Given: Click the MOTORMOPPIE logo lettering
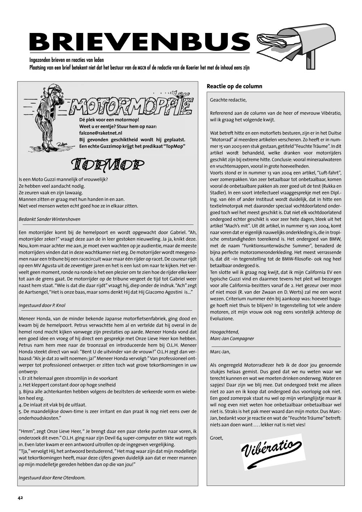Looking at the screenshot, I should pyautogui.click(x=130, y=105).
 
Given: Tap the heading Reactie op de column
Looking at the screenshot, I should pyautogui.click(x=234, y=86).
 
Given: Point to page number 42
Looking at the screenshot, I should pyautogui.click(x=20, y=498).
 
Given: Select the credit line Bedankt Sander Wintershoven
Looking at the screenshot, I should pyautogui.click(x=50, y=219).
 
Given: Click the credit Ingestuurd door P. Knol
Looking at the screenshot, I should pyautogui.click(x=42, y=305).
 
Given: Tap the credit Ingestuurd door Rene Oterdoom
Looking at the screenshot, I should pyautogui.click(x=52, y=478).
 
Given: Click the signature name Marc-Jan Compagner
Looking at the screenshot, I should pyautogui.click(x=232, y=339).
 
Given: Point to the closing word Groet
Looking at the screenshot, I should pyautogui.click(x=216, y=438).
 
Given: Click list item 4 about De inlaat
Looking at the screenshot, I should pyautogui.click(x=52, y=405).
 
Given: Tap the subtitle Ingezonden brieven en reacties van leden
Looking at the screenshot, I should pyautogui.click(x=67, y=60).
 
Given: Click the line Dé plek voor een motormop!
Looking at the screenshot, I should pyautogui.click(x=109, y=119).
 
